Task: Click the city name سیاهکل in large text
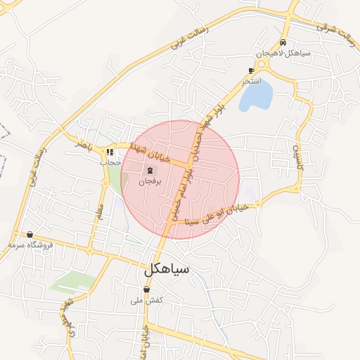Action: (167, 269)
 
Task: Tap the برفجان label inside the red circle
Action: (150, 181)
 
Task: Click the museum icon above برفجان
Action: (150, 171)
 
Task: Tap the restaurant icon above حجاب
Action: (110, 151)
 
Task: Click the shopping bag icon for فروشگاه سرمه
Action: (30, 235)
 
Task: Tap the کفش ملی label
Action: (147, 300)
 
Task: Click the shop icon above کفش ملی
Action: (146, 290)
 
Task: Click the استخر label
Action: (252, 82)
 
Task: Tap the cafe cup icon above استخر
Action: (251, 71)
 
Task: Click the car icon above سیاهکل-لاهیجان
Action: (283, 43)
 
